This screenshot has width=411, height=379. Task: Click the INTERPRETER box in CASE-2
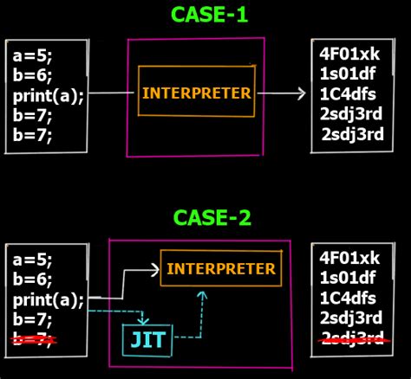pyautogui.click(x=220, y=269)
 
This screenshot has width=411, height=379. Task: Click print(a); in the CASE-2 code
pyautogui.click(x=48, y=300)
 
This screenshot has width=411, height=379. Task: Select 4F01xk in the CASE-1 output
pyautogui.click(x=349, y=55)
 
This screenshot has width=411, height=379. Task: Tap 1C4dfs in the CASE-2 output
pyautogui.click(x=349, y=298)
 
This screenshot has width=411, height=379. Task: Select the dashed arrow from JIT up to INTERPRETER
pyautogui.click(x=201, y=312)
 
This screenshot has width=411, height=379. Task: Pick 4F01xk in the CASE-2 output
pyautogui.click(x=349, y=259)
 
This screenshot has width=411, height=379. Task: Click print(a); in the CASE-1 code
pyautogui.click(x=48, y=96)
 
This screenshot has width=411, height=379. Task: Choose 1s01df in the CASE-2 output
pyautogui.click(x=348, y=278)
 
